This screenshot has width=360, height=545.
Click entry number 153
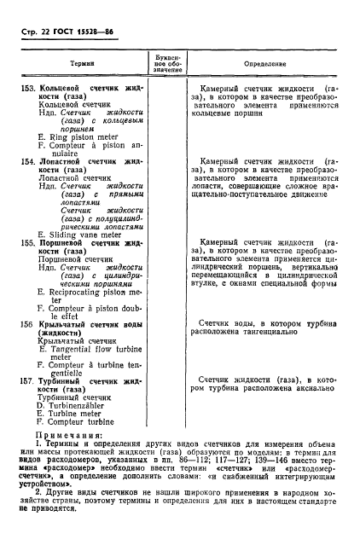point(29,89)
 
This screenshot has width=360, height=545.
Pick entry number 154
point(29,160)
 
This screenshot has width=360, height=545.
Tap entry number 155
point(29,242)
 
